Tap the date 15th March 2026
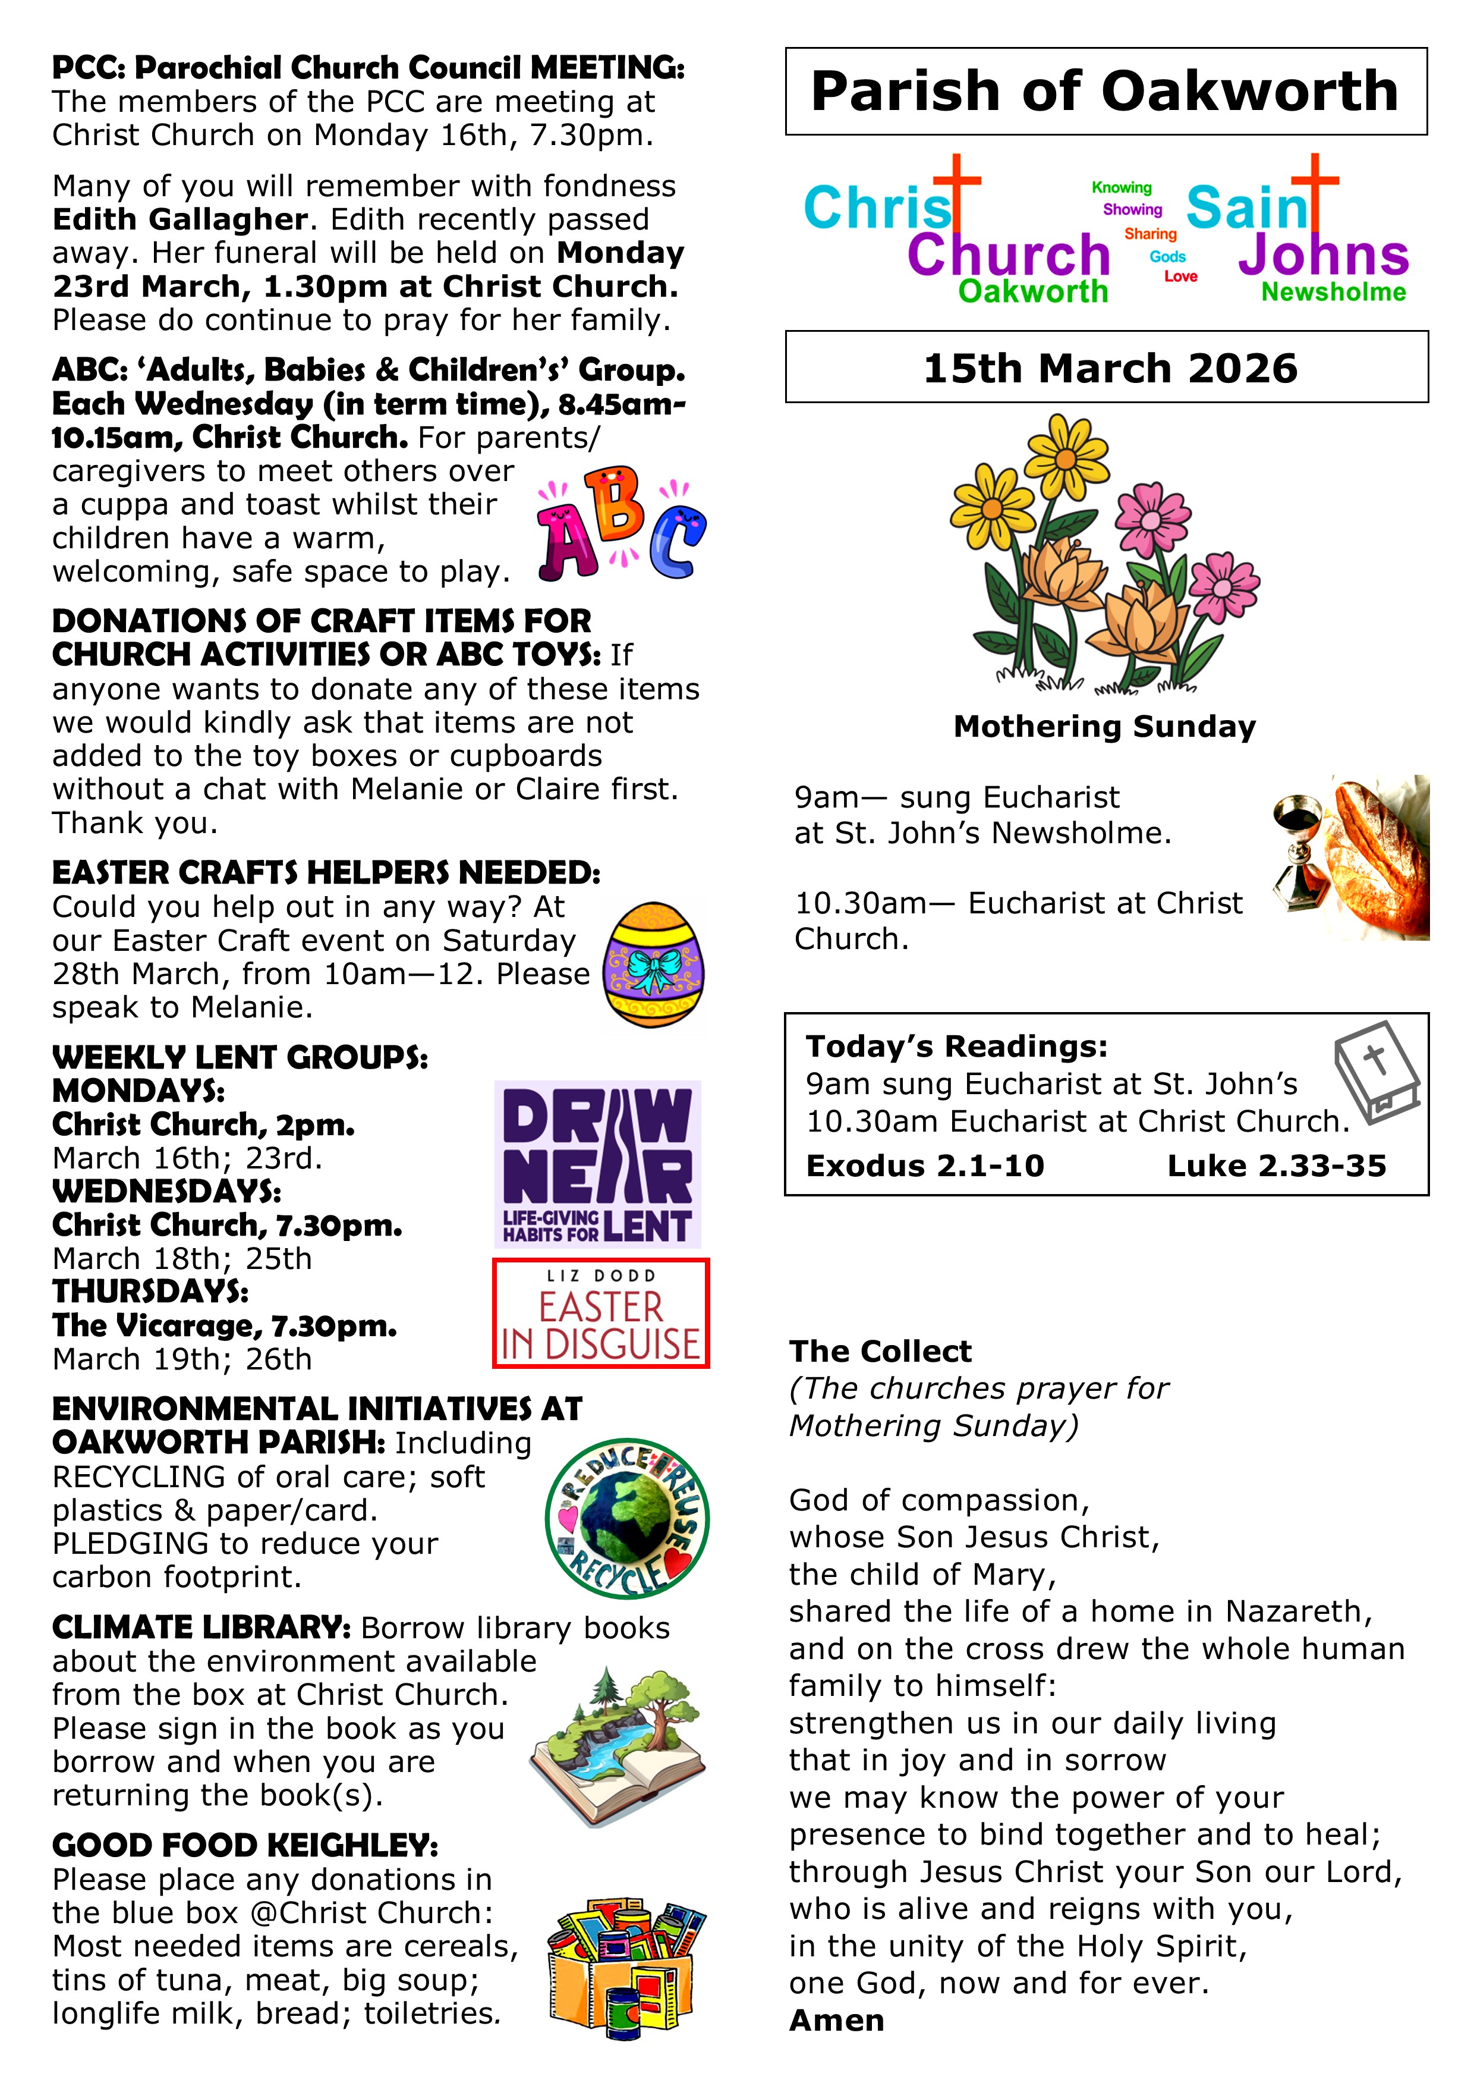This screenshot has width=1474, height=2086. (1110, 368)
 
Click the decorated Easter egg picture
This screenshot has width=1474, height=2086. (654, 964)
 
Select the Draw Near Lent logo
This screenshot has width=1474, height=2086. (597, 1164)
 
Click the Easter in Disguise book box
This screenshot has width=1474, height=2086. (600, 1314)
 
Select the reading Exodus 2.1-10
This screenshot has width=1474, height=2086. (925, 1165)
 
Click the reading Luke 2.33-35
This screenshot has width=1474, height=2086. (1276, 1165)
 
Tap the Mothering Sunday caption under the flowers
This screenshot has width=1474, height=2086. (1104, 727)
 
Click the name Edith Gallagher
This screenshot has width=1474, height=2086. (180, 220)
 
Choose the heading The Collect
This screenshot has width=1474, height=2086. (880, 1351)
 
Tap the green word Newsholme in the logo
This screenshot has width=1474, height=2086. (1333, 293)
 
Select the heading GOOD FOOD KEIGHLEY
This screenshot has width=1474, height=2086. (245, 1845)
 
